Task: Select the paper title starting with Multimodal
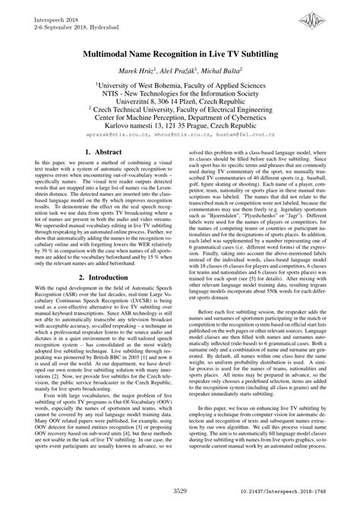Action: (180, 56)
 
